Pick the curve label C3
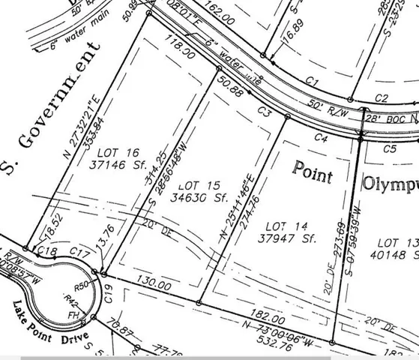[262, 110]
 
